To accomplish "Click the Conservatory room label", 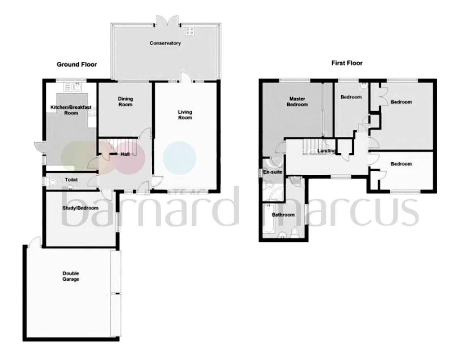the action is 165,43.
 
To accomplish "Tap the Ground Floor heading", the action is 77,64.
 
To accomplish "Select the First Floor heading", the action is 347,63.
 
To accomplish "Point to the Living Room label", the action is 185,114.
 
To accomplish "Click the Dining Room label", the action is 125,101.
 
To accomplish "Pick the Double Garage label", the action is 71,276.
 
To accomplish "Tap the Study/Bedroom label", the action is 80,208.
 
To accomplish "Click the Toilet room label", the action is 72,180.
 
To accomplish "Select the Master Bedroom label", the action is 297,101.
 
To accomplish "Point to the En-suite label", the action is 272,172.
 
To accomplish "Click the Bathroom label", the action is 283,215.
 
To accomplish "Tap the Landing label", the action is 326,150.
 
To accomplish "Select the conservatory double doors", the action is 167,21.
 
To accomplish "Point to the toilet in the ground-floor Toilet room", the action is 52,183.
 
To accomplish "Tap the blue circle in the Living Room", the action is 180,158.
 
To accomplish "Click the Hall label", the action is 125,154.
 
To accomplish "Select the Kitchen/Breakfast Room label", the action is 71,110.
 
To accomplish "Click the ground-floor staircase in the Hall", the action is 123,146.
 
